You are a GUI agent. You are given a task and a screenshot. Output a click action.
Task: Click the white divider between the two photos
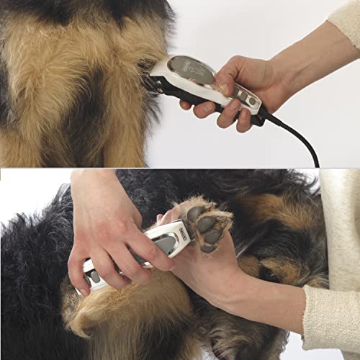click(x=180, y=166)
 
